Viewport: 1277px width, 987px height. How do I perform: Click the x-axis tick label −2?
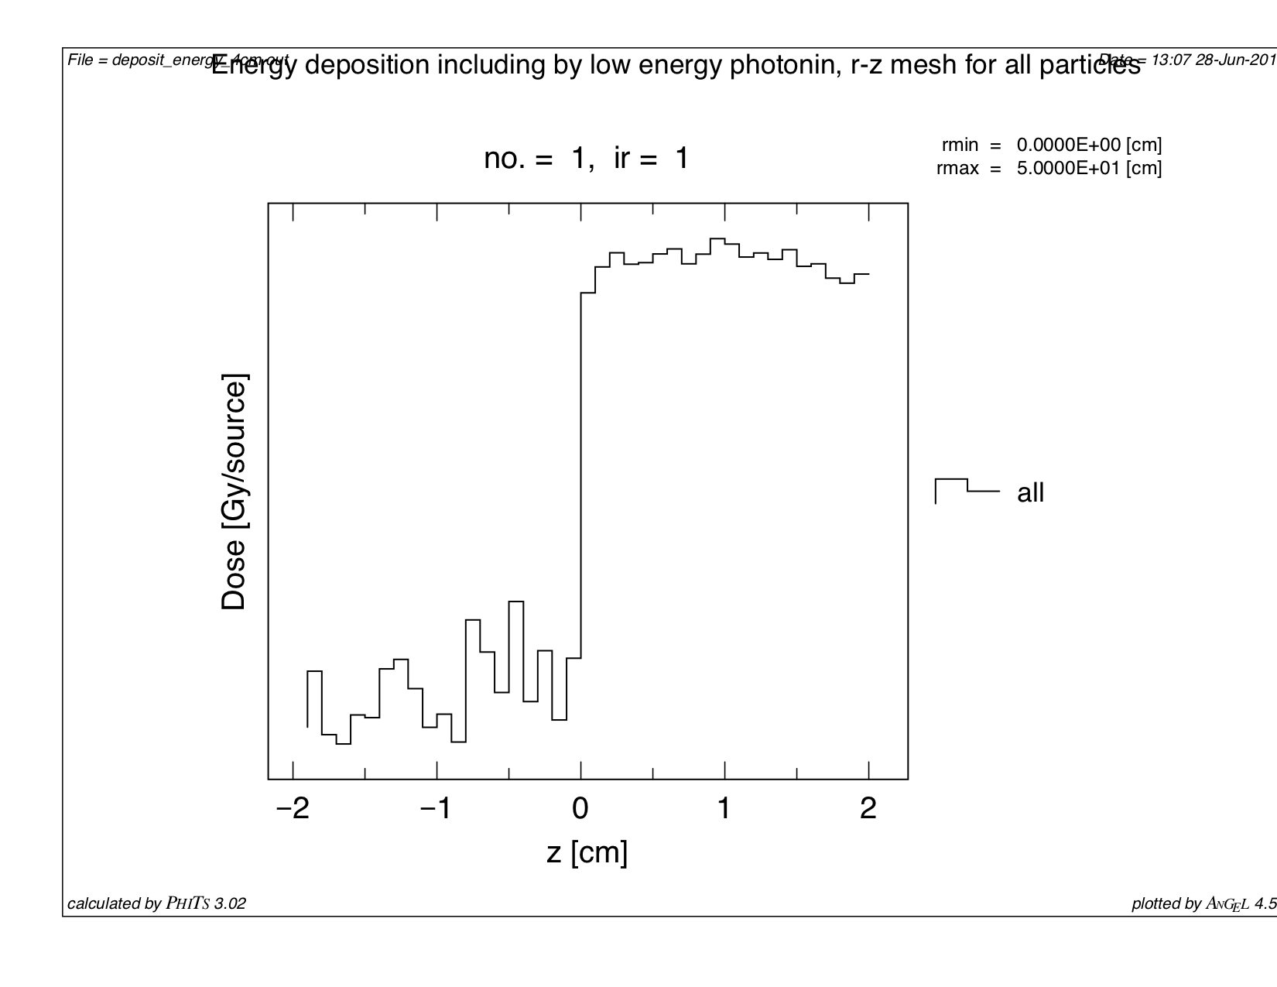[x=292, y=809]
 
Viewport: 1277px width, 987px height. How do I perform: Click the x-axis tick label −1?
[x=436, y=809]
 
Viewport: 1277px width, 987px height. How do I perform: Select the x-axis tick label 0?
[x=580, y=809]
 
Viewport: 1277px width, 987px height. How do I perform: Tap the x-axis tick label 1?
[x=724, y=809]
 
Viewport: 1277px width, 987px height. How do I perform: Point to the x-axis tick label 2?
[x=868, y=809]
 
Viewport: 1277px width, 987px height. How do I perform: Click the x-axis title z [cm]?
[x=587, y=852]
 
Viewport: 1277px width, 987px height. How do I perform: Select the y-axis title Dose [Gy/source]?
[x=234, y=492]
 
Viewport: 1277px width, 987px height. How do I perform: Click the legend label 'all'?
[x=1030, y=492]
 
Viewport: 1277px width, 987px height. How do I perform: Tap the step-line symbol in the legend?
[x=967, y=490]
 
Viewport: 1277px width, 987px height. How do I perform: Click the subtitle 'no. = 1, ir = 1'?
[x=586, y=159]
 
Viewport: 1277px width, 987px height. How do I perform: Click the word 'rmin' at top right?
[x=960, y=145]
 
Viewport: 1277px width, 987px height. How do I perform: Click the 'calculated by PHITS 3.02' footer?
[x=157, y=903]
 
